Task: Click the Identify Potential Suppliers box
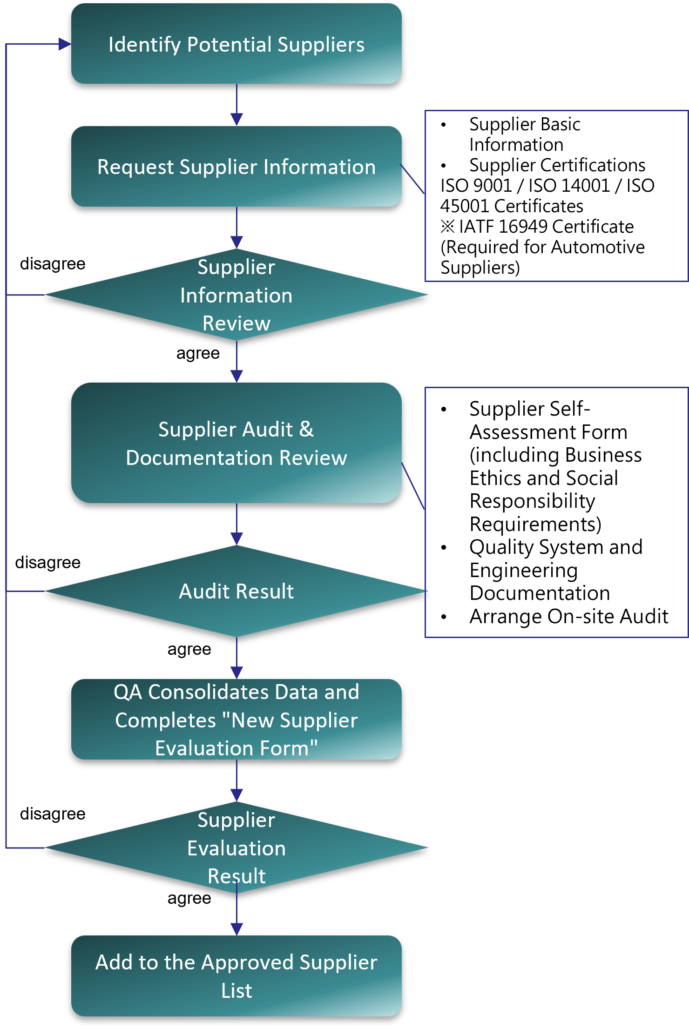236,44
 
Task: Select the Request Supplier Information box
236,167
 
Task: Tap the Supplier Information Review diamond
236,295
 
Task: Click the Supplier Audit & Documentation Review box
236,443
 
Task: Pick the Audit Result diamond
236,591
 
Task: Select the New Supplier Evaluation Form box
236,720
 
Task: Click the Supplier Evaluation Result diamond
236,847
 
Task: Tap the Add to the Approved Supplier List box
236,976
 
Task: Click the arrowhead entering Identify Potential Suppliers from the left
65,44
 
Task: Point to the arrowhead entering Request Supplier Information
236,119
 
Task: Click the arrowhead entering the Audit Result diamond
236,538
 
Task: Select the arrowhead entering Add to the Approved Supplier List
236,929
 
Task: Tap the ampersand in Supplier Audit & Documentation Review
306,429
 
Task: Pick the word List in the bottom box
236,990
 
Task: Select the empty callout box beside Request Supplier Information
556,196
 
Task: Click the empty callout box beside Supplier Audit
556,512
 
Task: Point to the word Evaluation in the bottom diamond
236,848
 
